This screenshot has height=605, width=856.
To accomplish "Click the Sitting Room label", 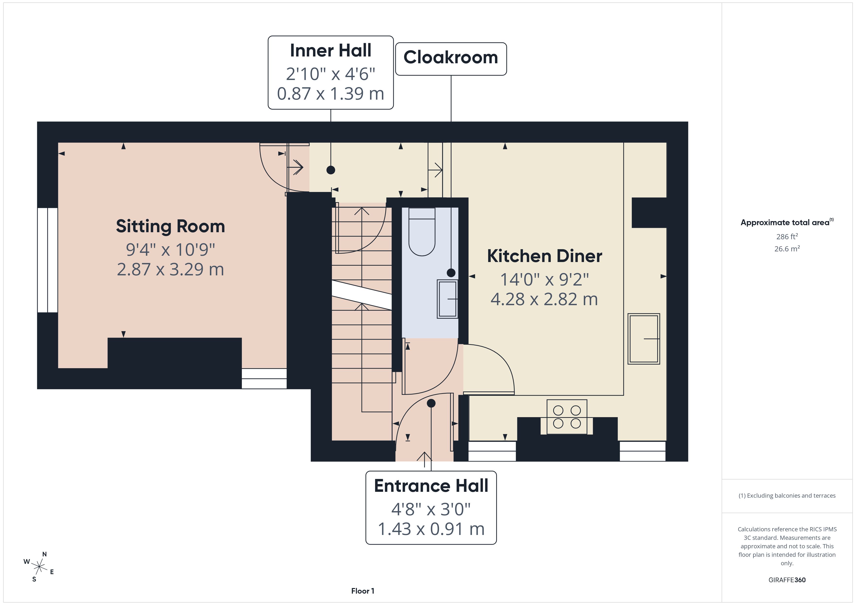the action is pos(170,226).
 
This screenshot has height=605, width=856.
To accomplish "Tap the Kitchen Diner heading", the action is pos(544,256).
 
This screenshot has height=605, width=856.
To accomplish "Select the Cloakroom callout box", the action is pos(451,59).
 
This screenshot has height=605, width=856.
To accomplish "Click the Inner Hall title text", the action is pos(331,50).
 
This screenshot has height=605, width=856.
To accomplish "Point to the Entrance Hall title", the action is pos(431,486).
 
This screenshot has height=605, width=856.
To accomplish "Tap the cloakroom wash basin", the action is pos(447,299).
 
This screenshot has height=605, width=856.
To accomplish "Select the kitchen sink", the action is pos(644,339).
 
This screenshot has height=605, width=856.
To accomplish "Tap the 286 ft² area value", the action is pos(787,237).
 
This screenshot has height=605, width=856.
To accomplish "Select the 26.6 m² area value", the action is pos(787,248).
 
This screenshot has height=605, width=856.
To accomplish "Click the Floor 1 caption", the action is pos(362,591).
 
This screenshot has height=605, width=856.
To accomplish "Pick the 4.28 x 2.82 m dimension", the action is pos(544,299).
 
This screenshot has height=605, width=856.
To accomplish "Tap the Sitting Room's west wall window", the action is pos(47,260).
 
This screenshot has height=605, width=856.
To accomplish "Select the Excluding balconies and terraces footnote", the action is pos(787,495).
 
